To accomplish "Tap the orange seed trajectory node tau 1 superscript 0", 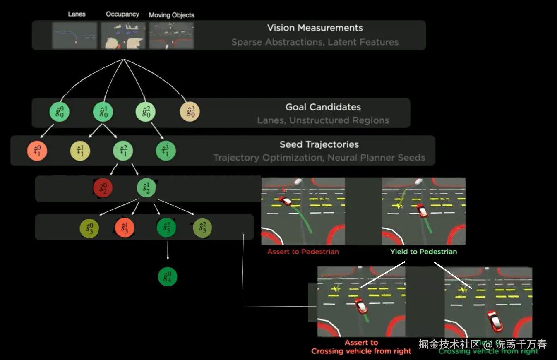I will pos(37,151).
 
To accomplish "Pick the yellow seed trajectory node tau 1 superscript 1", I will pos(80,151).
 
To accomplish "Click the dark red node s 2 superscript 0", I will pos(103,188).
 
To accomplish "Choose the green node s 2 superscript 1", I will pos(146,188).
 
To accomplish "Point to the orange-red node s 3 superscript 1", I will pos(124,228).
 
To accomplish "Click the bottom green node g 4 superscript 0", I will pos(168,277).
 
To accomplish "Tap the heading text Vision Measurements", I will pos(315,28).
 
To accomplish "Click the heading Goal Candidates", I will pos(323,107).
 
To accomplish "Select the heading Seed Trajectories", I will pos(319,144).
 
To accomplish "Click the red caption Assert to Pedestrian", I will pos(303,252).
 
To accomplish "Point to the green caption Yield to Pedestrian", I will pos(423,252).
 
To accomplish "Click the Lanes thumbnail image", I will pos(74,36).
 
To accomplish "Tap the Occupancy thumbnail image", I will pos(123,36).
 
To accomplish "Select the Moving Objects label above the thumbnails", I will pos(171,15).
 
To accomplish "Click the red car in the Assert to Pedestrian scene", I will pos(286,201).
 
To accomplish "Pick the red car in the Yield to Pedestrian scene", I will pos(422,211).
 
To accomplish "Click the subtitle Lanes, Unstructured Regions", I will pos(323,120).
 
